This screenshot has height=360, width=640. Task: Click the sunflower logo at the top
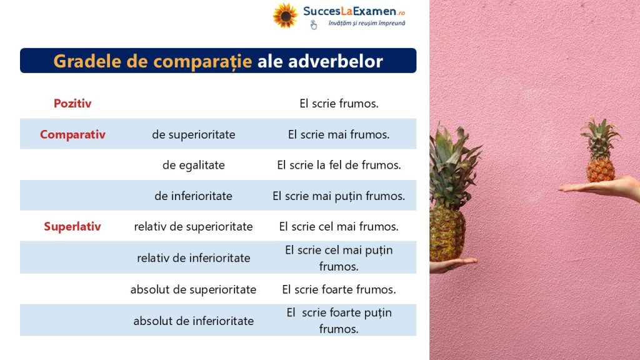coord(285,16)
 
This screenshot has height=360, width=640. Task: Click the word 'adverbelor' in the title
coord(336,61)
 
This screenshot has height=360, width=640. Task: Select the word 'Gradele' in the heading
coord(87,61)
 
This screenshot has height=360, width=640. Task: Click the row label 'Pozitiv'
coord(72,103)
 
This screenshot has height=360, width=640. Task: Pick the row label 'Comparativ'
coord(72,134)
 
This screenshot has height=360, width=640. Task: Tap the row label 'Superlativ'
coord(72,226)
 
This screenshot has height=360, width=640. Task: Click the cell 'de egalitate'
coord(194,165)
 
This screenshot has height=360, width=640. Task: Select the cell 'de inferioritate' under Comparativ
coord(194,196)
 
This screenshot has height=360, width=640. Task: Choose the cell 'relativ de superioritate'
coord(194,226)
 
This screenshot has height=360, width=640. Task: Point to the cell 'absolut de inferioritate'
coord(194,321)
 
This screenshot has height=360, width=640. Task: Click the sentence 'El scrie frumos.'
coord(339,104)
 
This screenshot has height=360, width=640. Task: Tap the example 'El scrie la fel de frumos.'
coord(339,165)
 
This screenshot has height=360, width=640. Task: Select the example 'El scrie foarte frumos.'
coord(339,289)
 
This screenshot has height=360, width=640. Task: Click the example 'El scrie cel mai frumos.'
coord(339,226)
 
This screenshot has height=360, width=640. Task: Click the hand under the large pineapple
coord(451,265)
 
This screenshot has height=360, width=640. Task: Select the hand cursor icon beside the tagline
coord(313,25)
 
